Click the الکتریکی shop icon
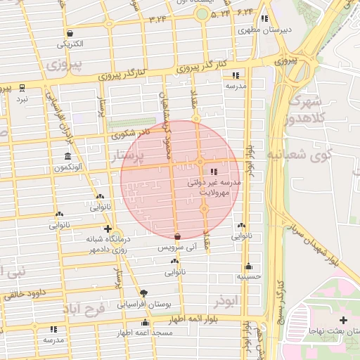[70, 33]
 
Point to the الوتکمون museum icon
[67, 156]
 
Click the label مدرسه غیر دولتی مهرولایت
[214, 186]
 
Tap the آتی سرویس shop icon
[177, 237]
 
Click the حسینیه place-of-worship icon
[248, 266]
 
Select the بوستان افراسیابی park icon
[144, 293]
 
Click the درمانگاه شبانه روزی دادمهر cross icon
[107, 229]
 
